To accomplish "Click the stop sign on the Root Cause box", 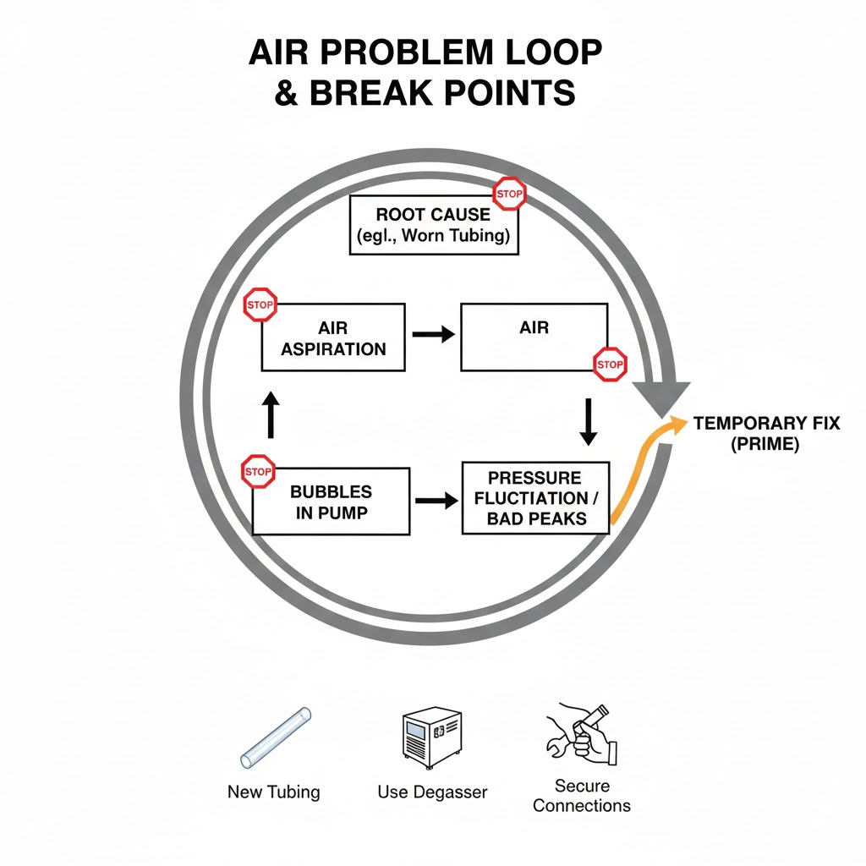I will coord(508,194).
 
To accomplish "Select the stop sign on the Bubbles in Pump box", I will coord(258,471).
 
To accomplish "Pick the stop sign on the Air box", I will coord(609,364).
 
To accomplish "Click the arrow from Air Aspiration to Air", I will coord(433,334).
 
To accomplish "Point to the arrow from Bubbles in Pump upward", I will coord(271,414).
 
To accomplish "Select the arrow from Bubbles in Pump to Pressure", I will coord(433,502).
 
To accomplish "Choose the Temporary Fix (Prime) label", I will coord(766,433).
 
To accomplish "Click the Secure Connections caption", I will coord(582,796).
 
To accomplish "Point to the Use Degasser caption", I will coord(432,792).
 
